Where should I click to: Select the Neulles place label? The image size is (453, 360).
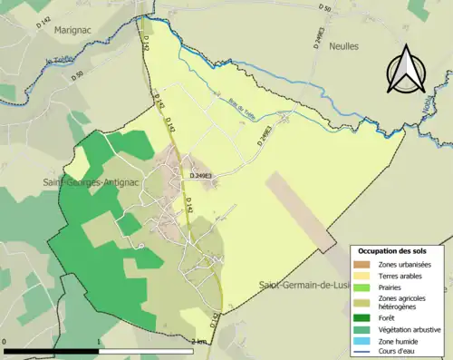coord(343,45)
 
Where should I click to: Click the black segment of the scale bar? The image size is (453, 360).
coord(51,350)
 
